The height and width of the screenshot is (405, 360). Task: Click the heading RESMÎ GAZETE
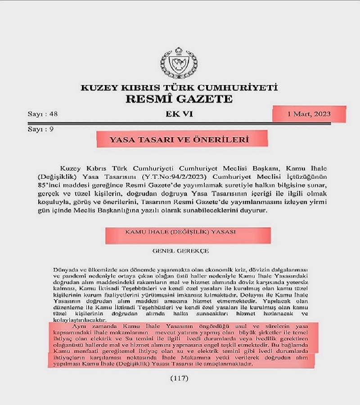coord(179,99)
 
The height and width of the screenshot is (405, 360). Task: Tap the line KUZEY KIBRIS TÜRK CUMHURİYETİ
coord(179,88)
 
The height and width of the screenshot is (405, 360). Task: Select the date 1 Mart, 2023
coord(309,114)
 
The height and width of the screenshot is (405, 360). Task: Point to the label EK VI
coord(179,114)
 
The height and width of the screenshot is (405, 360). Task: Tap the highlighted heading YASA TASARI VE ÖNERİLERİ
coord(179,140)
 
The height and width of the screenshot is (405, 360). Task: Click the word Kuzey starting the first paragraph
coord(68,166)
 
